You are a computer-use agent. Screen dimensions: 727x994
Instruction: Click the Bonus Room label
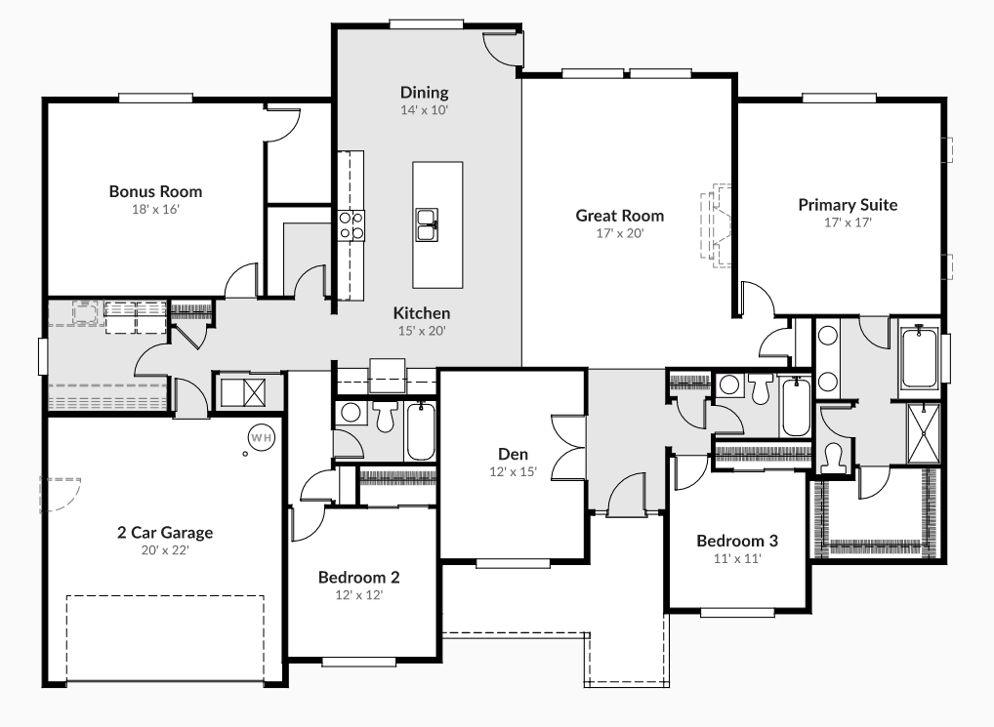tap(155, 191)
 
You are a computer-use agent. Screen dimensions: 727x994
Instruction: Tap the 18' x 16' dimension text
tap(155, 209)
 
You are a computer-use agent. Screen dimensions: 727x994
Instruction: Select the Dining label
tap(424, 93)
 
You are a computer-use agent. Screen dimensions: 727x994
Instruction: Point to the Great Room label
tap(619, 216)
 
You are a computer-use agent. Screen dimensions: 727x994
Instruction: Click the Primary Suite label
tap(848, 205)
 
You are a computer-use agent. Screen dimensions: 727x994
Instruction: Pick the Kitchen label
tap(422, 313)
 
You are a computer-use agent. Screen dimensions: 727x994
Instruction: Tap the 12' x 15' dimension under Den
tap(513, 471)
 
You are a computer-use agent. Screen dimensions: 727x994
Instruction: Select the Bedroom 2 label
tap(358, 577)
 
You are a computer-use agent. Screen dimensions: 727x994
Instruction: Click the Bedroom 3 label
tap(737, 541)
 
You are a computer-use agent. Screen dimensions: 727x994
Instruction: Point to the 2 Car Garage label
tap(165, 533)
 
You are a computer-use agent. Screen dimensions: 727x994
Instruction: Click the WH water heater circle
tap(261, 438)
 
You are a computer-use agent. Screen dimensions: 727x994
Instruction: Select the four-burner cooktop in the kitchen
tap(351, 226)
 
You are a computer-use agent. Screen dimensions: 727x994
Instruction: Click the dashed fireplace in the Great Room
tap(717, 224)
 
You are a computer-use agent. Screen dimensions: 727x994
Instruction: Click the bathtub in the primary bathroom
tap(920, 359)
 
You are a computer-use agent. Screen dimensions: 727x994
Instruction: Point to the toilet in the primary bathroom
tap(835, 454)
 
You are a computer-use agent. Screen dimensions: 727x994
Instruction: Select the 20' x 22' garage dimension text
tap(165, 550)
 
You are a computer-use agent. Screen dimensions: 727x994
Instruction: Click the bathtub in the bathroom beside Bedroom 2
tap(421, 431)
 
